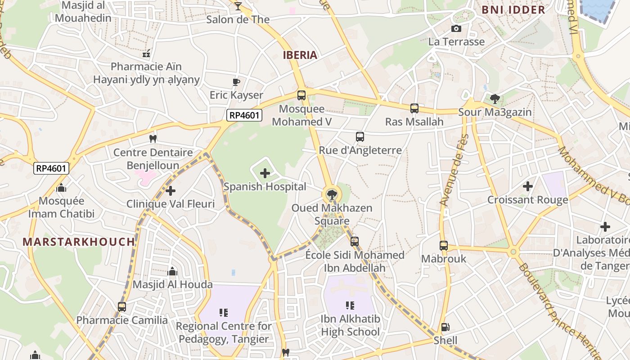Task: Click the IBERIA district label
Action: (x=300, y=55)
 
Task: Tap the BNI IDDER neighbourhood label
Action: (x=513, y=9)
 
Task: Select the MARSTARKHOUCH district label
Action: (x=79, y=242)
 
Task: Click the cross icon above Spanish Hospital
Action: (x=265, y=173)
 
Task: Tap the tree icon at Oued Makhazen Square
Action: (x=332, y=195)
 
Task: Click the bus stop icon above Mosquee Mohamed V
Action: (x=301, y=95)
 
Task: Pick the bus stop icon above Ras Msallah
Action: (x=414, y=108)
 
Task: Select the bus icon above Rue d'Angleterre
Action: (x=360, y=137)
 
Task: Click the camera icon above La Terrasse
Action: (x=456, y=29)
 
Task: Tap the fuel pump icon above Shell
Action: (x=445, y=327)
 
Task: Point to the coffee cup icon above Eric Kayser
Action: (x=236, y=82)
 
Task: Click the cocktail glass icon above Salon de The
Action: (x=238, y=6)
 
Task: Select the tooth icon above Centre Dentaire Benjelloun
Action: (x=153, y=139)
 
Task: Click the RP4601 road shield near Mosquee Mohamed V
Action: (x=244, y=115)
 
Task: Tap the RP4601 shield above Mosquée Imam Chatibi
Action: (x=52, y=168)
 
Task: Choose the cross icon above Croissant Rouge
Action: (x=528, y=186)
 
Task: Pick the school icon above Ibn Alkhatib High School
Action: (x=350, y=306)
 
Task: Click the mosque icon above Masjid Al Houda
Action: (x=172, y=271)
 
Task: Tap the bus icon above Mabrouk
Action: (x=444, y=246)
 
